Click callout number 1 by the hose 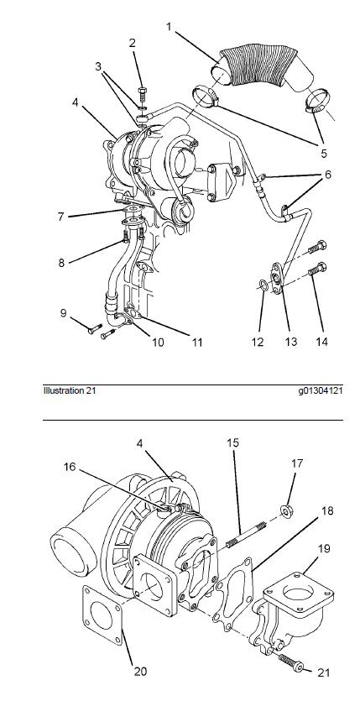[169, 27]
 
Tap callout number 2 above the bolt [133, 44]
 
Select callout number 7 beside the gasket [60, 217]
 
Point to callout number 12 [258, 342]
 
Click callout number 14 [321, 342]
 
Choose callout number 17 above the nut [297, 463]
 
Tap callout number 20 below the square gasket [140, 671]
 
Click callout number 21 [323, 672]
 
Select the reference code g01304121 [321, 390]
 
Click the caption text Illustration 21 [69, 390]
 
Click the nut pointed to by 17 [286, 510]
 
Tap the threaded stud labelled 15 [247, 536]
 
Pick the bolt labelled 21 [291, 662]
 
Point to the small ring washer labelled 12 [264, 285]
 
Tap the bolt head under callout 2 [142, 95]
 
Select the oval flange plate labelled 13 [278, 278]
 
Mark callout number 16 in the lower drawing [70, 467]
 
